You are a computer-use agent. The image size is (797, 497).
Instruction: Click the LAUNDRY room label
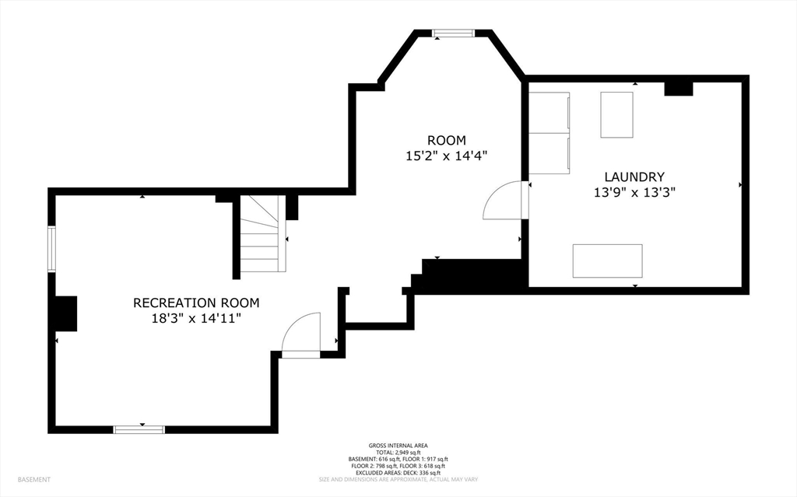[x=634, y=177]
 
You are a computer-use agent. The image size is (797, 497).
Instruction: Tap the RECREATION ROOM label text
[x=196, y=303]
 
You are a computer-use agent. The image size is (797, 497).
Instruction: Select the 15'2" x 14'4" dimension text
[x=446, y=156]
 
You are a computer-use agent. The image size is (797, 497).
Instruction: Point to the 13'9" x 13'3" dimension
[x=634, y=193]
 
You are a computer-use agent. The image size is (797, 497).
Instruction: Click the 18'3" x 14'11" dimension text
[x=196, y=319]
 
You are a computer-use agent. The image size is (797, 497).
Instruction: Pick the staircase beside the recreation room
[x=259, y=233]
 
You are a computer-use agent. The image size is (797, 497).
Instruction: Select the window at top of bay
[x=453, y=33]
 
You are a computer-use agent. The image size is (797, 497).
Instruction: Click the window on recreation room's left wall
[x=51, y=249]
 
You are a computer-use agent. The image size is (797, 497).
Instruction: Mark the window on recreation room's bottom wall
[x=139, y=430]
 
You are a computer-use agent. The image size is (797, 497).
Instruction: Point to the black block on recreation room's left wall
[x=65, y=313]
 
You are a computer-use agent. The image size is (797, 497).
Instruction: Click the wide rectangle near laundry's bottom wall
[x=607, y=261]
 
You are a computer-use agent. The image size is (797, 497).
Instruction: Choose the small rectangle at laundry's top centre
[x=616, y=114]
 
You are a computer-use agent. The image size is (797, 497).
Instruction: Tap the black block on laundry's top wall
[x=679, y=89]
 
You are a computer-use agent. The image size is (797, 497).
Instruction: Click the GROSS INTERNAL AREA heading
[x=398, y=446]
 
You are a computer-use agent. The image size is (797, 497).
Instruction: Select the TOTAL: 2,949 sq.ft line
[x=398, y=453]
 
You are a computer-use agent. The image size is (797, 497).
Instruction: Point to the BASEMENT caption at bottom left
[x=34, y=480]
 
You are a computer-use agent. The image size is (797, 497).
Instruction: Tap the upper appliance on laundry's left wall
[x=549, y=113]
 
